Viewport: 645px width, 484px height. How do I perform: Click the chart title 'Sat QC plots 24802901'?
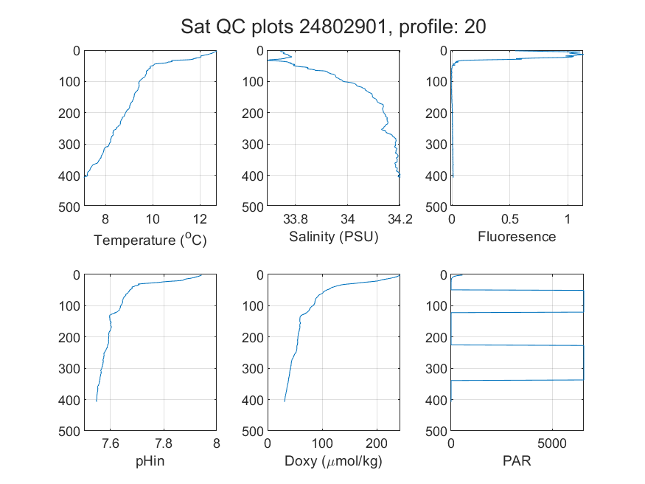[283, 27]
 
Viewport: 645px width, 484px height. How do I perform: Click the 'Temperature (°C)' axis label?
[150, 240]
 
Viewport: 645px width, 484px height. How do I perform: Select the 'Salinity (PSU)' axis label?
[334, 237]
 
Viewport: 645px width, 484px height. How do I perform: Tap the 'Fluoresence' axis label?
[517, 237]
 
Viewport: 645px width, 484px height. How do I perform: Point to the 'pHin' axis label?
[150, 461]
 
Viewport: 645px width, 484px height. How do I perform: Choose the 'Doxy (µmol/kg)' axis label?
[334, 461]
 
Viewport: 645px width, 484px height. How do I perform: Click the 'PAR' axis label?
[517, 460]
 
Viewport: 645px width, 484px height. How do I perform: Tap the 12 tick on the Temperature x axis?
[200, 219]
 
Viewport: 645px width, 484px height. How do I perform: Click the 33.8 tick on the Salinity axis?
[295, 219]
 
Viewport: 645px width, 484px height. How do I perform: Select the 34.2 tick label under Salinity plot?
[400, 219]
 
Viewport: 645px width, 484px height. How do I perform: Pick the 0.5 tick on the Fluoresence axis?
[509, 219]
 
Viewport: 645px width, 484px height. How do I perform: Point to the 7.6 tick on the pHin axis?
[111, 443]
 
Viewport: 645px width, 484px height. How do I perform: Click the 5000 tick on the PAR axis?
[552, 443]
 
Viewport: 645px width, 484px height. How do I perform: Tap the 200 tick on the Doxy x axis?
[377, 443]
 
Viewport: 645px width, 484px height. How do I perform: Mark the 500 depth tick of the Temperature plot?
[69, 207]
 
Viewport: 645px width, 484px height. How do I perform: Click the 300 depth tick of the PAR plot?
[436, 368]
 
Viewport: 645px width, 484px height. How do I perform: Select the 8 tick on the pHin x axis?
[217, 443]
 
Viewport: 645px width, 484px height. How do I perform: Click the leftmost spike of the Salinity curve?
[268, 60]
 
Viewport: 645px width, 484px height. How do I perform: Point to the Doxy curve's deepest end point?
[285, 401]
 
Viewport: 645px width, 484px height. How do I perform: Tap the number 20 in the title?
[475, 27]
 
